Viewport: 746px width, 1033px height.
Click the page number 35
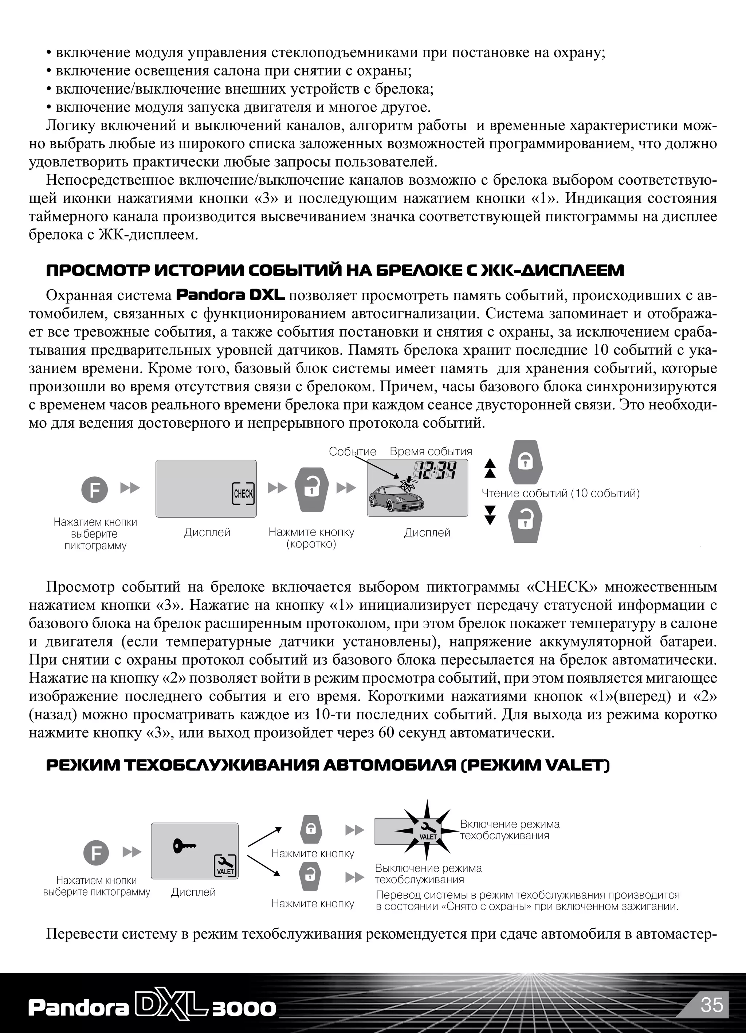point(712,1005)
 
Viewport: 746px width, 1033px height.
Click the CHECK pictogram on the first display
point(243,493)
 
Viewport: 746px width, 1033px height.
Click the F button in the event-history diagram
point(94,490)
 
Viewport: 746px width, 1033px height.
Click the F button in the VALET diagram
point(96,853)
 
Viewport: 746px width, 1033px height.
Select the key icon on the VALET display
point(184,846)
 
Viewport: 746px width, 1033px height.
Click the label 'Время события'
point(431,451)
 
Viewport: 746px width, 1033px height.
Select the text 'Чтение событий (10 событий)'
point(561,493)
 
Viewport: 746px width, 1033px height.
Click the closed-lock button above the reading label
point(526,462)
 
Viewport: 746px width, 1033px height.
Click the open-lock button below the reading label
point(526,522)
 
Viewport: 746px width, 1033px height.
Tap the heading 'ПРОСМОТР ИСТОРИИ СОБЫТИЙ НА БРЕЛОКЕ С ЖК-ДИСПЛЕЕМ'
point(335,271)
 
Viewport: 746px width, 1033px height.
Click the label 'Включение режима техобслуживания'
point(509,829)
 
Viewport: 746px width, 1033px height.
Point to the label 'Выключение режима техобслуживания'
point(428,873)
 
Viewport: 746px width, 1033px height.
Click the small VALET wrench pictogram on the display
point(225,865)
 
